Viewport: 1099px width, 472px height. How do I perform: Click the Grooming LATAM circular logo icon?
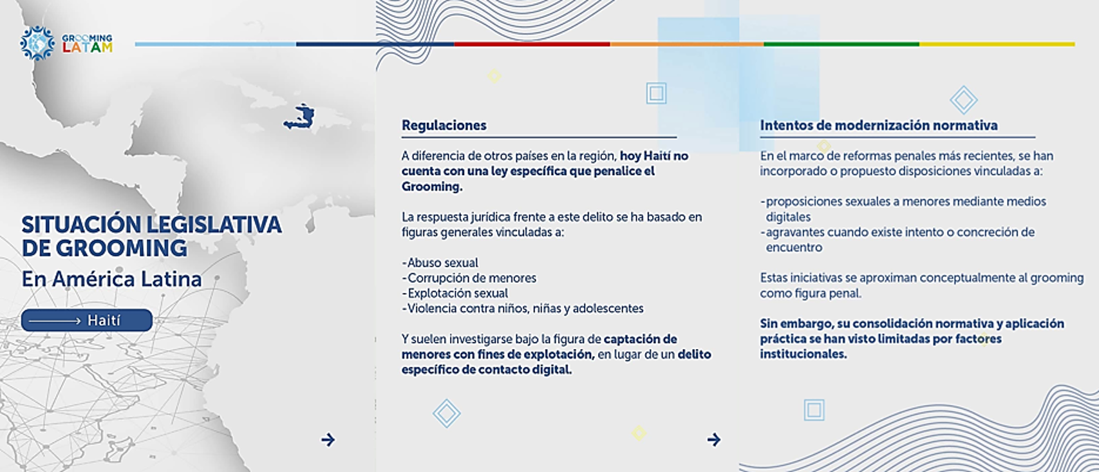[x=37, y=43]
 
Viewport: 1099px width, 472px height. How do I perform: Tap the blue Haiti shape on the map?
[x=300, y=117]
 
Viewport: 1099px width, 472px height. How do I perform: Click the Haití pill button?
[x=87, y=321]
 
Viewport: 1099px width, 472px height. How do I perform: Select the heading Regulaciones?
[x=444, y=125]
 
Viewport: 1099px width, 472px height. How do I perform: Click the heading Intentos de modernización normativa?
[x=879, y=125]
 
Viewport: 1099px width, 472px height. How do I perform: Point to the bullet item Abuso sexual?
[x=440, y=263]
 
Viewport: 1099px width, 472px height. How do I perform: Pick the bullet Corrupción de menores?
[x=469, y=278]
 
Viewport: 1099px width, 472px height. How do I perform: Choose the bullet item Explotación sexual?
[x=455, y=293]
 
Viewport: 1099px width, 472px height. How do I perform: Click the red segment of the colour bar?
[x=532, y=44]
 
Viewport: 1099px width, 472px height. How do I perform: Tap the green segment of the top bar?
[x=841, y=44]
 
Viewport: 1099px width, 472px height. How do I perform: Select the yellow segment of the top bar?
[x=997, y=44]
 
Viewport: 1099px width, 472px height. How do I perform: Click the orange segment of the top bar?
[x=687, y=44]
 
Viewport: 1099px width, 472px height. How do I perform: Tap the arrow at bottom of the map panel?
[x=328, y=440]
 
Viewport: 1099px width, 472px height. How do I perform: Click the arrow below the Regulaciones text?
[x=714, y=440]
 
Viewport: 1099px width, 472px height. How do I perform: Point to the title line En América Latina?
[x=112, y=279]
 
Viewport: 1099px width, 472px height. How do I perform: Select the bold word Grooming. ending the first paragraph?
[x=432, y=187]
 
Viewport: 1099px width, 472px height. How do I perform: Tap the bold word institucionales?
[x=803, y=354]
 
